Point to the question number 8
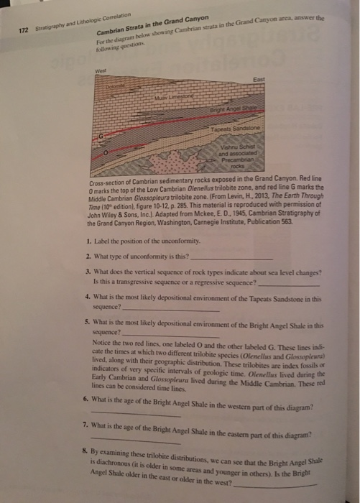[85, 453]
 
